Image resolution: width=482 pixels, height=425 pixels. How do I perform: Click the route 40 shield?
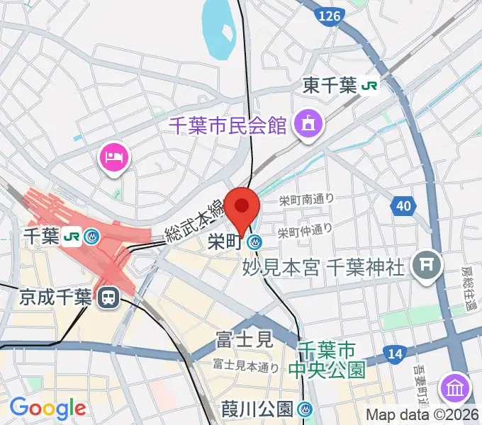(403, 206)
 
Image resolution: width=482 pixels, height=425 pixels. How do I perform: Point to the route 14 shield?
(395, 353)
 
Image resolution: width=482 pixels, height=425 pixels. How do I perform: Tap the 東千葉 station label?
(330, 86)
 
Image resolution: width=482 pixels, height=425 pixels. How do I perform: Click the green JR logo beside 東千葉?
(369, 86)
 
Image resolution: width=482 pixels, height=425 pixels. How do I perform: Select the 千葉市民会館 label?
(228, 125)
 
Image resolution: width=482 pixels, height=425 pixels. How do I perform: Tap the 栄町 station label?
(225, 242)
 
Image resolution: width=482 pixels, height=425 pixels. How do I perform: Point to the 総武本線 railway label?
(194, 220)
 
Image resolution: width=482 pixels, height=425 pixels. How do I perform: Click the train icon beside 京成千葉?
(108, 297)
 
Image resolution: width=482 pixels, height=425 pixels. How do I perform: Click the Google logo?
(47, 407)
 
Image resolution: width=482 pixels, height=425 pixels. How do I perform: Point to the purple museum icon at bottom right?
(454, 387)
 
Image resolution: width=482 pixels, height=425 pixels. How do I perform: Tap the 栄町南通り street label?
(306, 200)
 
